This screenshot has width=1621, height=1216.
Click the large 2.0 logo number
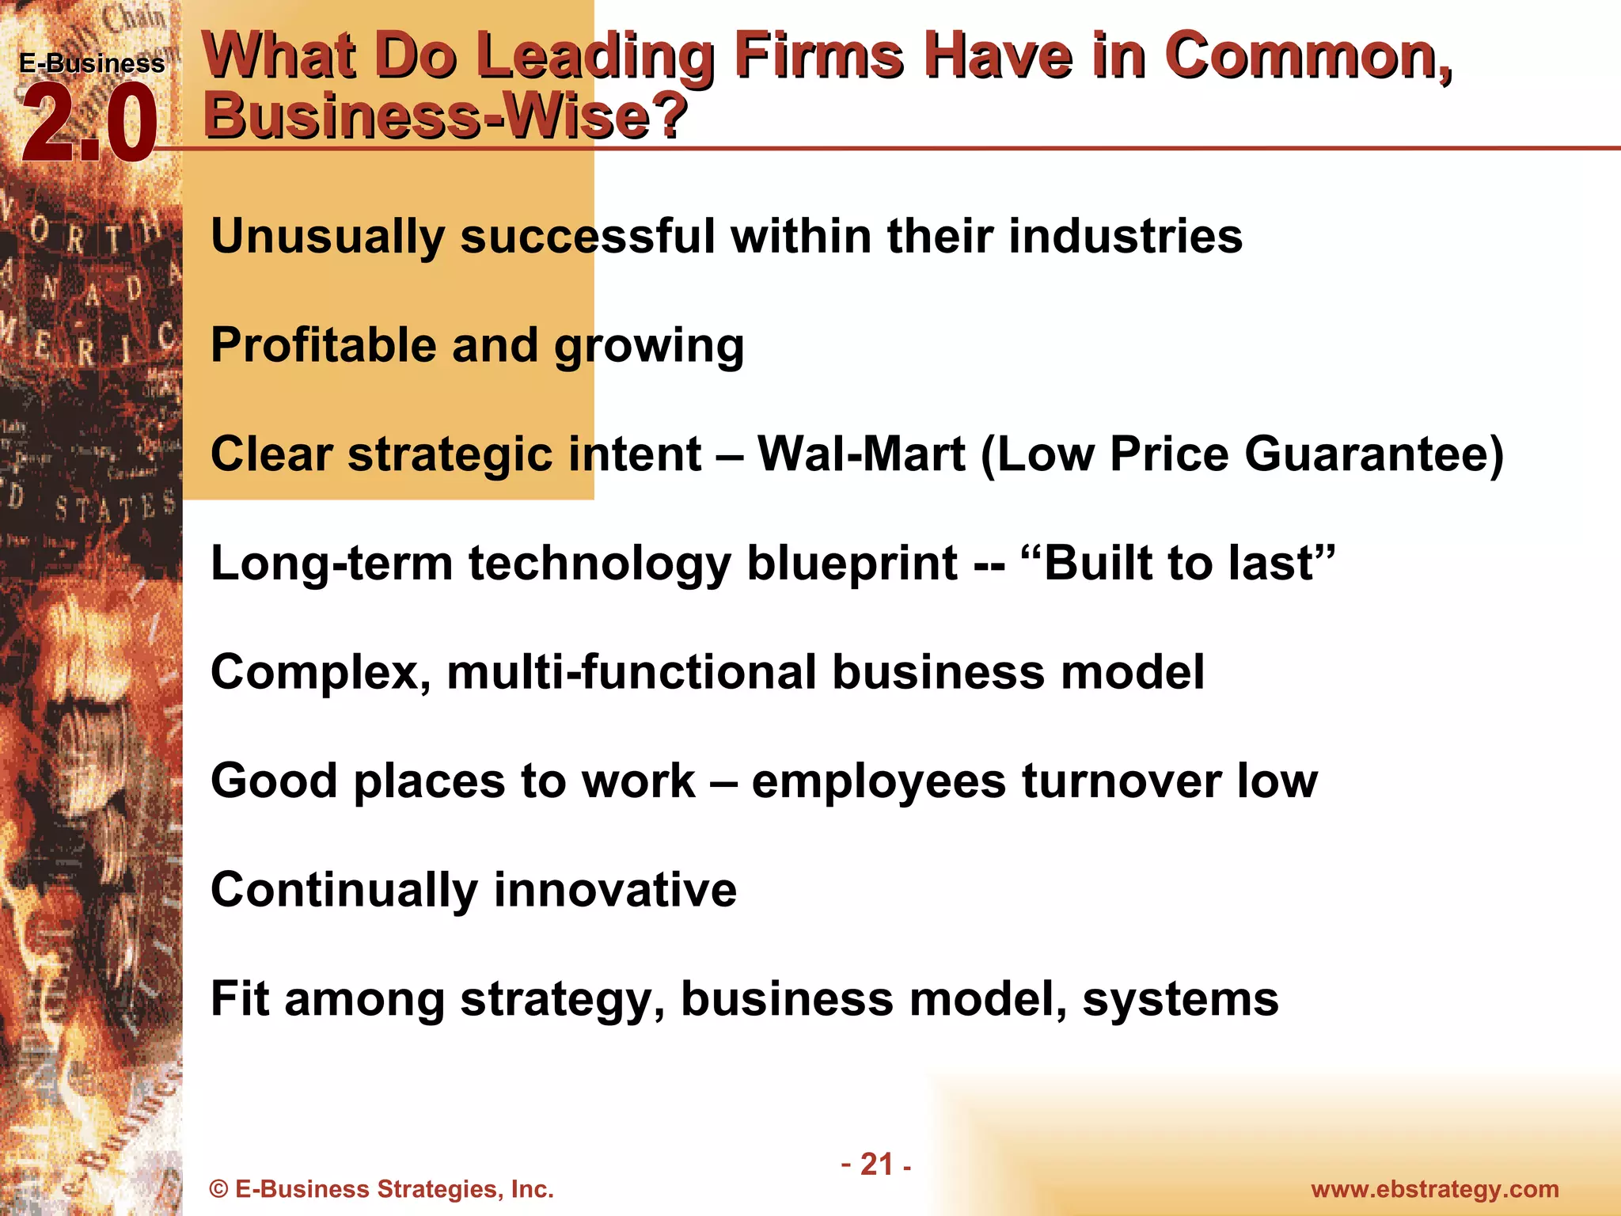coord(89,124)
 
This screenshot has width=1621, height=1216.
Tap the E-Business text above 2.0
coord(92,63)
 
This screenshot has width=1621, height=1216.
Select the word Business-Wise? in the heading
coord(445,116)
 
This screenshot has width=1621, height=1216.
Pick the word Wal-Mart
coord(861,454)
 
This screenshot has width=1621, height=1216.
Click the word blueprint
coord(852,564)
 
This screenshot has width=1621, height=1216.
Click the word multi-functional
coord(632,673)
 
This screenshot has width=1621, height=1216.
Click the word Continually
coord(344,891)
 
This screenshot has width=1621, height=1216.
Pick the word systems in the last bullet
coord(1180,1000)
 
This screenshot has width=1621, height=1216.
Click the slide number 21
coord(876,1165)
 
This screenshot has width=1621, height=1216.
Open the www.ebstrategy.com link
coord(1435,1189)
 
